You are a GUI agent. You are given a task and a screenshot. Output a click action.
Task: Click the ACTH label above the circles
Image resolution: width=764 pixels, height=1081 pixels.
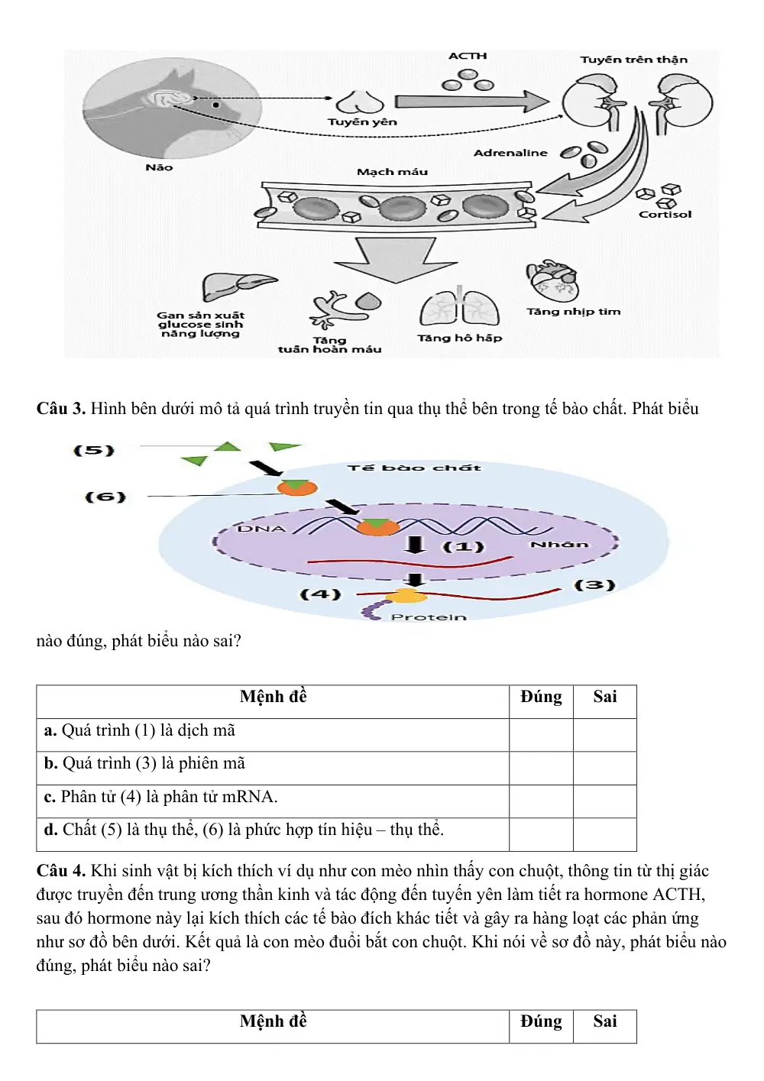coord(467,56)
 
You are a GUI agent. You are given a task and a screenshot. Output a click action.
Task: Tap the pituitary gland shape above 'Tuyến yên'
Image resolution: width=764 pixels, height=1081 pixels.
coord(360,102)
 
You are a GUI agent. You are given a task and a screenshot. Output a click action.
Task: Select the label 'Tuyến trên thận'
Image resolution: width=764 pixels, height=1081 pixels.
coord(633,60)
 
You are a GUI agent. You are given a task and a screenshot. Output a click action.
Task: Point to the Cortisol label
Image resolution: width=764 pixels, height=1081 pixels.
coord(665,214)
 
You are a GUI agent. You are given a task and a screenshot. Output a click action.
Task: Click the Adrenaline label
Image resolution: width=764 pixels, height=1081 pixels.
coord(510,153)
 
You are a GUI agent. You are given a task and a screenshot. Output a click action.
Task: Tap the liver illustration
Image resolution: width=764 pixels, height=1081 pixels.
coord(239,286)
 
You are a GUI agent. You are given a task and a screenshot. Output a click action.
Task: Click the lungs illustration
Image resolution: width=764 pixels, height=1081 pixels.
coord(459,307)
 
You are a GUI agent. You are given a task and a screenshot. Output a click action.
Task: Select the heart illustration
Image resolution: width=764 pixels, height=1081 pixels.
coord(552,280)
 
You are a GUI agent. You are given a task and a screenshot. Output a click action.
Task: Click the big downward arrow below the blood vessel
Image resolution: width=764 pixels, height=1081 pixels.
coord(395,259)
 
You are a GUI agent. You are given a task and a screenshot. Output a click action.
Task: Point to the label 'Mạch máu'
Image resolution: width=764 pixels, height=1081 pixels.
coord(392,172)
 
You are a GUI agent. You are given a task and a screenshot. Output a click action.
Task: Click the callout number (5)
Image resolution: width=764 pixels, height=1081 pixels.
coord(94,450)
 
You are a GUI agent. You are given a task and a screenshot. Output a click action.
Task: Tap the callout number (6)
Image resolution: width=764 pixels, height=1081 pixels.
coord(105,497)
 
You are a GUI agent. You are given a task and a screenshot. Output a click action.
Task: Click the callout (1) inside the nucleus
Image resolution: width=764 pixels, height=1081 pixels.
coord(463,546)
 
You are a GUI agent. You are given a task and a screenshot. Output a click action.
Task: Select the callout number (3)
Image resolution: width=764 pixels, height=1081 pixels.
coord(595,585)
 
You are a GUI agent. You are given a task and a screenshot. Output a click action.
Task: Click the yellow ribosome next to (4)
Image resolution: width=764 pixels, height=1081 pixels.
coord(406,596)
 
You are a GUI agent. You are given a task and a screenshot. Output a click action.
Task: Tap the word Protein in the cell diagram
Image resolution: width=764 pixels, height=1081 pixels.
coord(429,617)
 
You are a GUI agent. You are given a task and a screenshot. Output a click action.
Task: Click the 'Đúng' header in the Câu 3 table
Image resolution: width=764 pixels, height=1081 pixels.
coord(541,697)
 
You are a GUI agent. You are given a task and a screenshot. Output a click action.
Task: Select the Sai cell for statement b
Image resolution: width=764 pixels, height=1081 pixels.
coord(605,768)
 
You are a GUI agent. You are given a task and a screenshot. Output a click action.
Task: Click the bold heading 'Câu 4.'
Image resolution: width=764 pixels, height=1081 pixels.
coord(61,871)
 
